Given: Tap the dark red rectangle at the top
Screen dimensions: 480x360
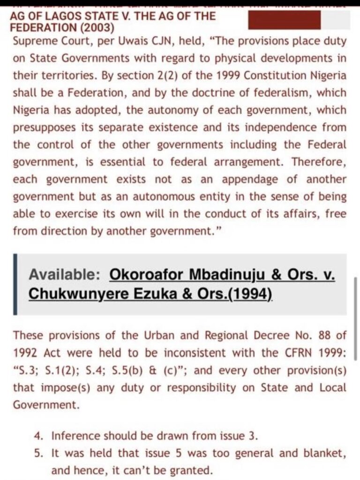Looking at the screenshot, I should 284,20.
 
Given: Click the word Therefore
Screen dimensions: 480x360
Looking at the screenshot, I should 324,162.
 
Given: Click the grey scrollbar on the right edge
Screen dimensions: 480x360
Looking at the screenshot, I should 356,319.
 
